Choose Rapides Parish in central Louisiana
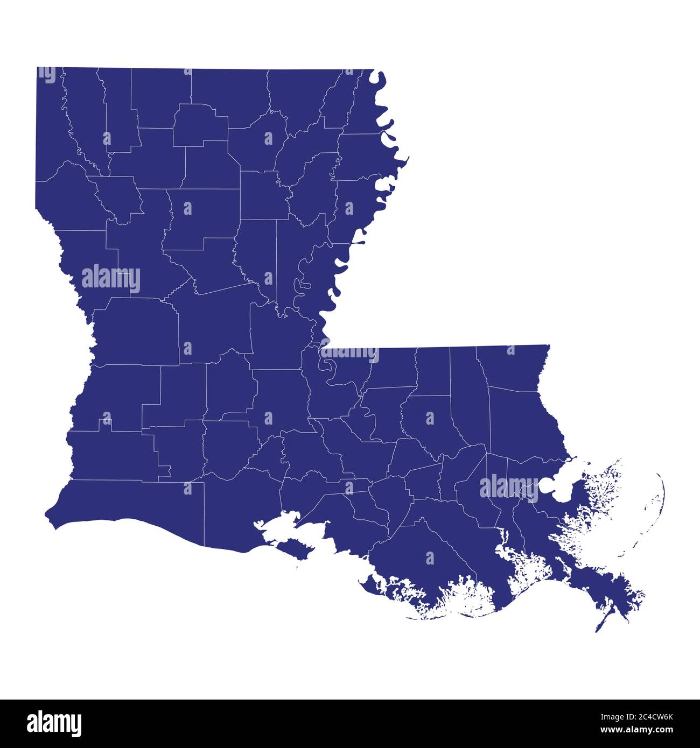tap(215, 323)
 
